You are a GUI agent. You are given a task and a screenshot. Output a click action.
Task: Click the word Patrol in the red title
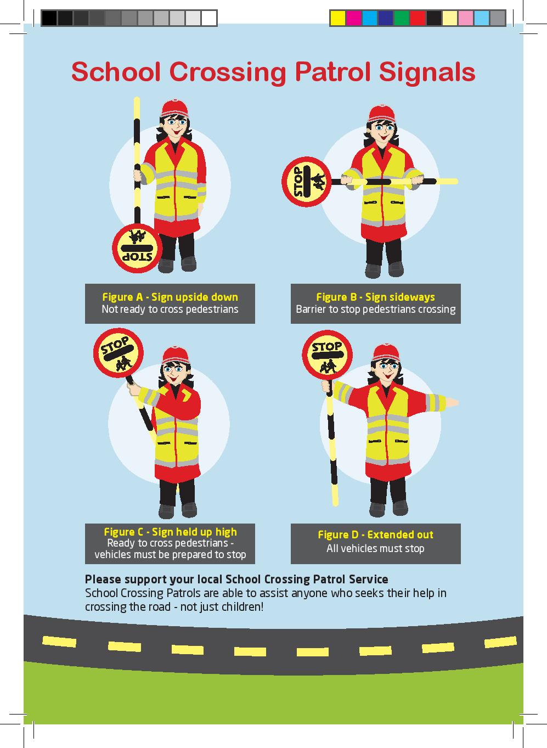point(332,71)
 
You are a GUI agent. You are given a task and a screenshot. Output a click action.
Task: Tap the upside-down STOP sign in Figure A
point(137,249)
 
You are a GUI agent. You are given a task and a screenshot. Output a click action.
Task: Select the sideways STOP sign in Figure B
point(306,182)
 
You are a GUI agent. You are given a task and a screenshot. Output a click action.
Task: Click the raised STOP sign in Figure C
point(119,353)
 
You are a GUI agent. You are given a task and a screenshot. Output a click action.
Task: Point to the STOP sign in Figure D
point(327,355)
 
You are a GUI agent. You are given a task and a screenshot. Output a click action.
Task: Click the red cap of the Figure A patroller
point(174,108)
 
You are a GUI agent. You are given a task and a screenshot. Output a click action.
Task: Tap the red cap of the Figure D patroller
point(386,353)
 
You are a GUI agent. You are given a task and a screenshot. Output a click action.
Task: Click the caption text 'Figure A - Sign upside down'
point(170,297)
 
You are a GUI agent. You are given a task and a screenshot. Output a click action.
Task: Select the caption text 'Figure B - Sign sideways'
point(375,297)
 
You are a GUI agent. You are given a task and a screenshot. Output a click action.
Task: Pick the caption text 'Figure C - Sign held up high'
point(170,532)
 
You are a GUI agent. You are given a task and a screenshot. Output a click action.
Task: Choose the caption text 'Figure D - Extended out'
point(375,535)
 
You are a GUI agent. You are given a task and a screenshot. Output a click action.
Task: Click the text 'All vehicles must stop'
point(375,548)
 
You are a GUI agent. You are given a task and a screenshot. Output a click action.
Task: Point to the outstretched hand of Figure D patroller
point(452,402)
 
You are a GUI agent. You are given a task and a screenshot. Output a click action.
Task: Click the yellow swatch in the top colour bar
point(337,18)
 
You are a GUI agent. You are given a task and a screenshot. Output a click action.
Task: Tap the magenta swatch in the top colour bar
point(353,18)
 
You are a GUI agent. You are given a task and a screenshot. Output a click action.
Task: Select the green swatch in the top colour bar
point(402,18)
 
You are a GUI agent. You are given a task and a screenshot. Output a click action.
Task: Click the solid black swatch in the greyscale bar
point(49,18)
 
